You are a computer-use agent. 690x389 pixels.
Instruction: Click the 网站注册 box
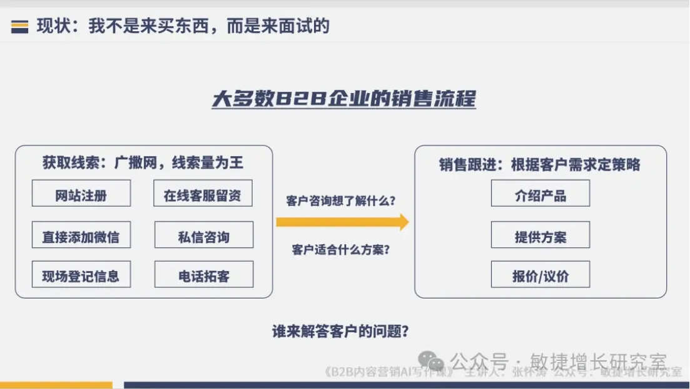pos(81,194)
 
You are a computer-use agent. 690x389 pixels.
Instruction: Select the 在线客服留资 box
pos(203,194)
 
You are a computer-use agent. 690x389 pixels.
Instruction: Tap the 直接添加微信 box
pos(81,235)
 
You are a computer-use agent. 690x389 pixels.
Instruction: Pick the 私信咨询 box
pos(203,235)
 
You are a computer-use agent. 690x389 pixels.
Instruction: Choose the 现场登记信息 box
pos(81,275)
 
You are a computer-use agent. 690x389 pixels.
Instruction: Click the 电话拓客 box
pos(203,275)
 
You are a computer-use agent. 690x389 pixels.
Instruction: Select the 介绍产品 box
pos(540,194)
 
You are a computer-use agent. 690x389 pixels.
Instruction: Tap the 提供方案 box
pos(540,235)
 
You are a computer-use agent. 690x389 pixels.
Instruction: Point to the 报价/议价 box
pos(540,275)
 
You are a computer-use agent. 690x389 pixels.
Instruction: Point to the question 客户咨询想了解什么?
pos(341,200)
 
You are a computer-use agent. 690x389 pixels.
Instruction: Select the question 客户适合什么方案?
pos(341,250)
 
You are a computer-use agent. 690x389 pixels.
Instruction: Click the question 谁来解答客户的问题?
pos(341,332)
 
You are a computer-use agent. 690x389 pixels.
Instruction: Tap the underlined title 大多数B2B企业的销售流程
pos(343,99)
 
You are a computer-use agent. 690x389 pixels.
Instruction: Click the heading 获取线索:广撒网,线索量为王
pos(143,164)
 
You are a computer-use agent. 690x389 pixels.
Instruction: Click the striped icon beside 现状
pos(19,27)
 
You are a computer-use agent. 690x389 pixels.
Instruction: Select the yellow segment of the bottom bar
pos(56,385)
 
